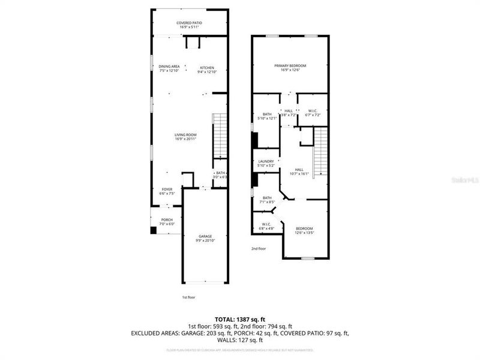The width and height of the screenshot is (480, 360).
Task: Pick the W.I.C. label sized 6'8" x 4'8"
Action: tap(266, 226)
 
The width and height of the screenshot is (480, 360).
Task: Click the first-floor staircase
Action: tap(221, 134)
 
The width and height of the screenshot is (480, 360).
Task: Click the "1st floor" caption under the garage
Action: tap(188, 297)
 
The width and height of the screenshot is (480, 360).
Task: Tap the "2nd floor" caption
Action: tap(259, 248)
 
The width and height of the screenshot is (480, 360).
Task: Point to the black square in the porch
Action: tap(154, 229)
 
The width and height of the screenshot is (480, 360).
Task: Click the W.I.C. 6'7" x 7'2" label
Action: tap(313, 112)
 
